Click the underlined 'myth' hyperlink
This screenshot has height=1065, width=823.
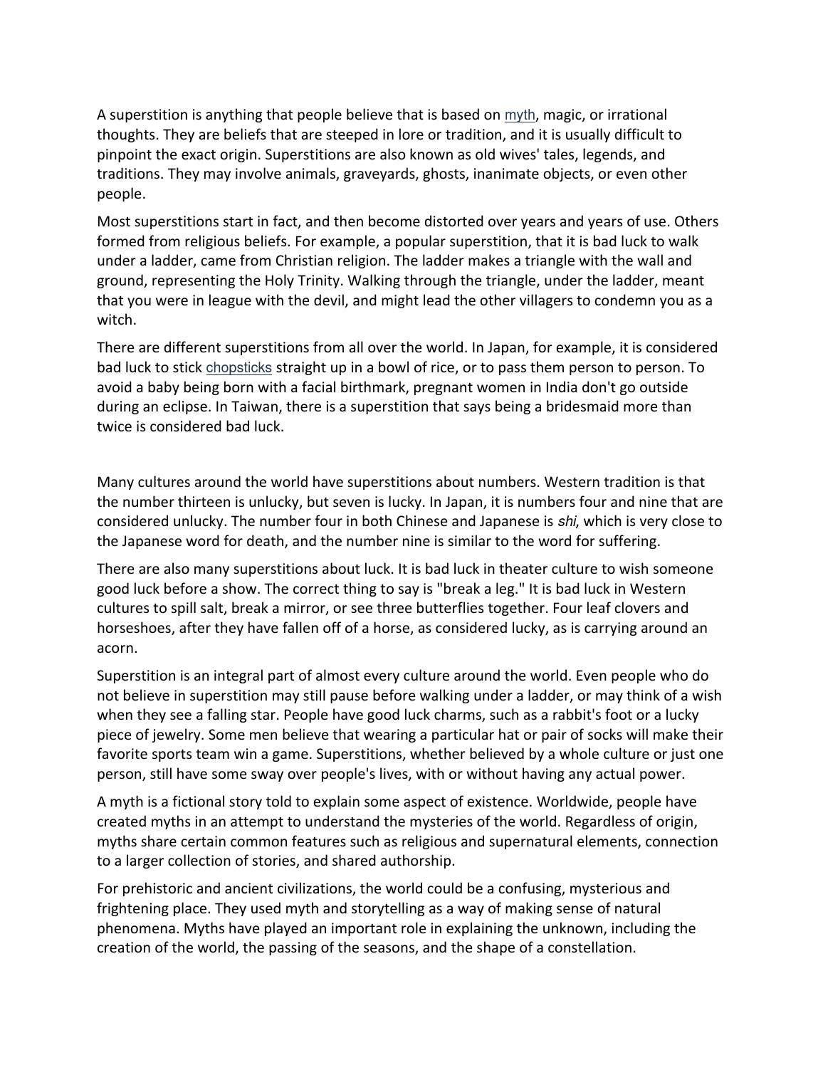519,115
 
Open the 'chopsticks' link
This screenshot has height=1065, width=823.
238,368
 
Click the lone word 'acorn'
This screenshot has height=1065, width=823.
115,649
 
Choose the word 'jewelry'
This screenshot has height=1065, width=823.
175,735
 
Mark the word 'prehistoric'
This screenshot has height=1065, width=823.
159,889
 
